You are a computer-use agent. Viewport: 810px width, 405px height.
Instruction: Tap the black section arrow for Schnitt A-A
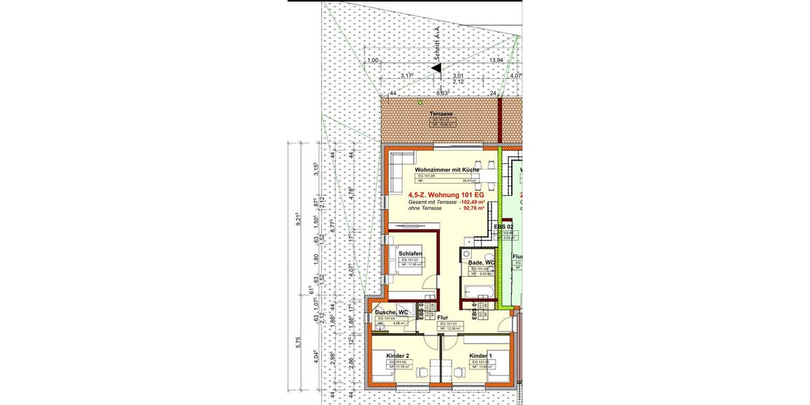click(x=437, y=67)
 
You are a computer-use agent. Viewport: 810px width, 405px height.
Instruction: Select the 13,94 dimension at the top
click(x=496, y=61)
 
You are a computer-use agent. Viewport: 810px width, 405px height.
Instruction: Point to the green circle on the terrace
click(x=420, y=103)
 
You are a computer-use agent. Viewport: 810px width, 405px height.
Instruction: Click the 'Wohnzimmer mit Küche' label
click(x=446, y=169)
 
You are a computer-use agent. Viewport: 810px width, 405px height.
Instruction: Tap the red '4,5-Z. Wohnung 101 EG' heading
click(x=446, y=195)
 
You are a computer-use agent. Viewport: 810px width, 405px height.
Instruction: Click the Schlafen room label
click(x=410, y=254)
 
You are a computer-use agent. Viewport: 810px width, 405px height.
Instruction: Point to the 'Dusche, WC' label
click(x=391, y=313)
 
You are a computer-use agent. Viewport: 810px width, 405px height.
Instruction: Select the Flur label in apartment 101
click(x=443, y=317)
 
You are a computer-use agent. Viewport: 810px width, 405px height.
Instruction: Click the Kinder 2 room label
click(x=398, y=356)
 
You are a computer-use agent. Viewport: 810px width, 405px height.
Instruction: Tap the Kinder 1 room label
click(x=481, y=356)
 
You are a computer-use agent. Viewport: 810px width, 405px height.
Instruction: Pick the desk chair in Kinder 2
click(x=420, y=370)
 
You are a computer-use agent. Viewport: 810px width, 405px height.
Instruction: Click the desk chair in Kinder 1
click(x=459, y=370)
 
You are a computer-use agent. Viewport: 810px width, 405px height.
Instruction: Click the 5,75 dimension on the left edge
click(x=298, y=343)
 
